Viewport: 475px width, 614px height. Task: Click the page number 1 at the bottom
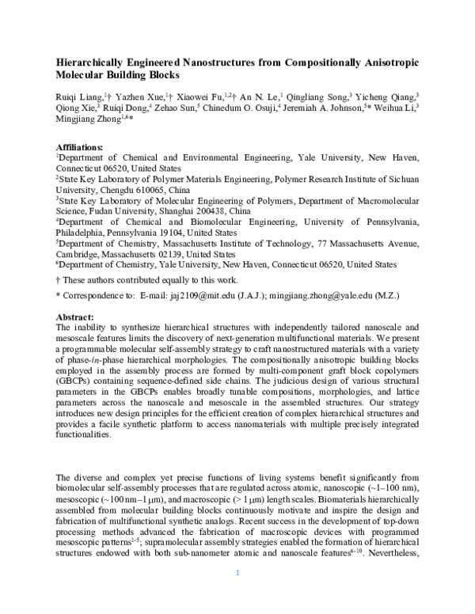pos(237,594)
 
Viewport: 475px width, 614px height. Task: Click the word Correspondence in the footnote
pos(91,295)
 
